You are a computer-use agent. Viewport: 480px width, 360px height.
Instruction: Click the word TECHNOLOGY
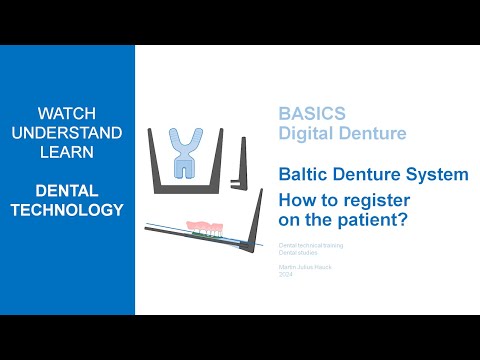(x=67, y=210)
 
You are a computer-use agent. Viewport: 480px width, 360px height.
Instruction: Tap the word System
(x=436, y=174)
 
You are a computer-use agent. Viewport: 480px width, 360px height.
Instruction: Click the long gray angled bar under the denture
(x=200, y=241)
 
